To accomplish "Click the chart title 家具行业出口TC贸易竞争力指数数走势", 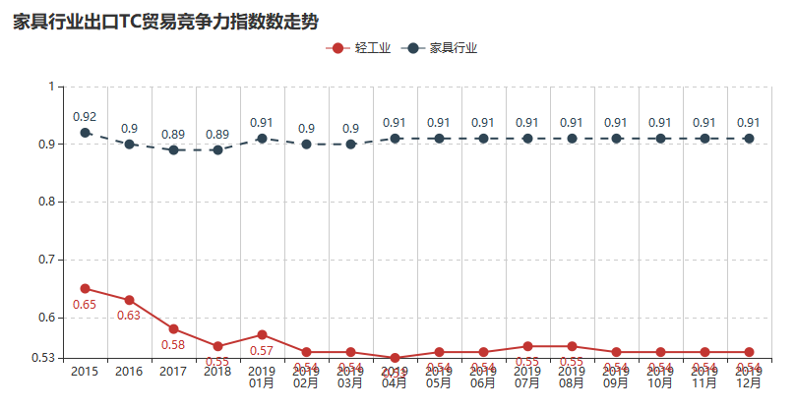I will [x=166, y=22].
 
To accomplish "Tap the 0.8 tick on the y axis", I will [x=44, y=202].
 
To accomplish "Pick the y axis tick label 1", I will [x=50, y=87].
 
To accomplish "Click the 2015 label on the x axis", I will [x=85, y=372].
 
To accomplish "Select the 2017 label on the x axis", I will [x=173, y=372].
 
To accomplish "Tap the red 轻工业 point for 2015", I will [x=86, y=289].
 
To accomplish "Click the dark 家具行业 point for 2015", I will [x=86, y=133].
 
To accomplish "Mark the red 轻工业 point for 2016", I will [x=130, y=300].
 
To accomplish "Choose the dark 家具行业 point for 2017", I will [x=174, y=150].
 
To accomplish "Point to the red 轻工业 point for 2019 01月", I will [x=262, y=335].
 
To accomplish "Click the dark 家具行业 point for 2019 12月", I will [x=749, y=139].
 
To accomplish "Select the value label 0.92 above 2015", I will [x=85, y=117].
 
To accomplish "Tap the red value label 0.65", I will [x=85, y=305].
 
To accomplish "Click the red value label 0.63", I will [x=129, y=316].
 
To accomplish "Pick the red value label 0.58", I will [x=173, y=345].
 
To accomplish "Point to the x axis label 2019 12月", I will [x=749, y=378].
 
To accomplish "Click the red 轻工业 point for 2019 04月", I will [x=395, y=358].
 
